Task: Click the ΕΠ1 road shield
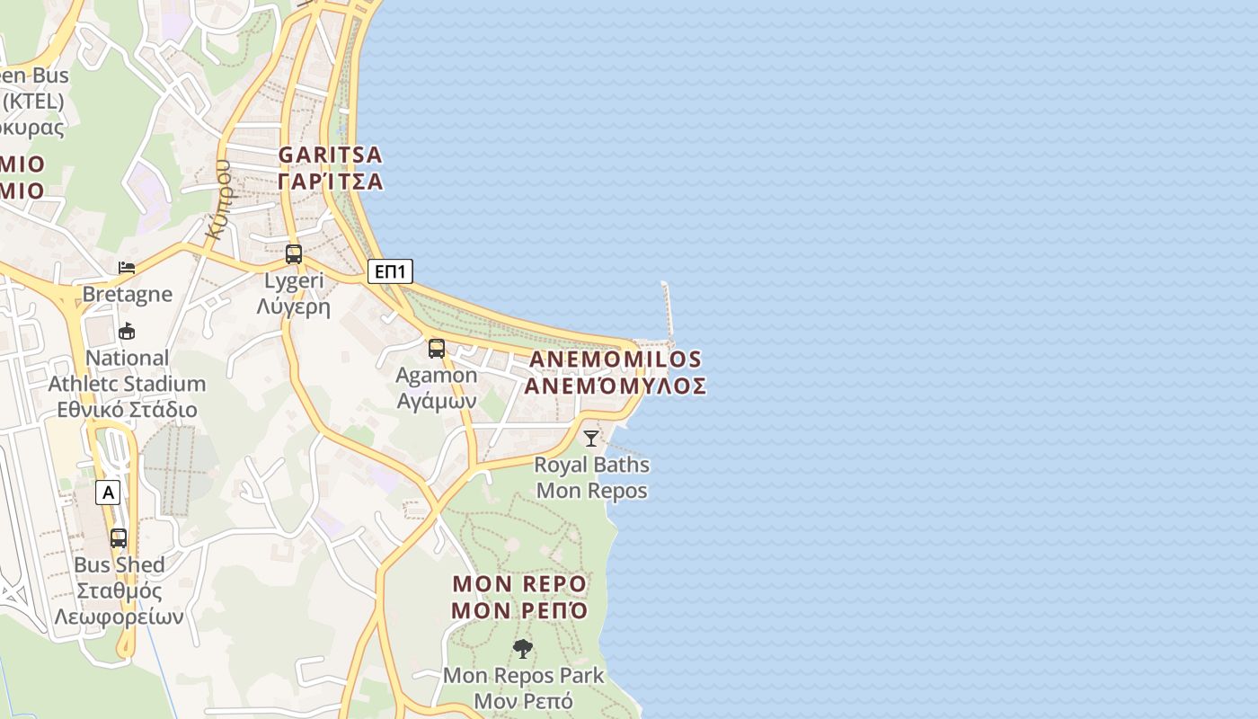tap(390, 271)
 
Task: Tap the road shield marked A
tap(109, 493)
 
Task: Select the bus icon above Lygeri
tap(294, 254)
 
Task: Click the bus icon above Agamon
tap(437, 349)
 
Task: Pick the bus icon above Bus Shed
tap(119, 538)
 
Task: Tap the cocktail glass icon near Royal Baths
tap(591, 439)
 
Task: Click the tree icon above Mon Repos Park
tap(523, 648)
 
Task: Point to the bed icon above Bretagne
tap(127, 268)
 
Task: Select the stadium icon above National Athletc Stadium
tap(127, 332)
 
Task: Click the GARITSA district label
tap(331, 155)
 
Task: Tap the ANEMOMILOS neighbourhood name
tap(616, 359)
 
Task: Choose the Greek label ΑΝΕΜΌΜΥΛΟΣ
tap(616, 386)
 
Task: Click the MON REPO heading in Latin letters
tap(519, 584)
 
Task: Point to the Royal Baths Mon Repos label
tap(591, 478)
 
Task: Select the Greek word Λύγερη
tap(294, 307)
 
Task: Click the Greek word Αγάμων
tap(437, 401)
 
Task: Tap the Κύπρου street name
tap(218, 200)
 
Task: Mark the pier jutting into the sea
tap(668, 310)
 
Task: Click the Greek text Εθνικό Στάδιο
tap(127, 410)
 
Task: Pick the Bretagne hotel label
tap(127, 294)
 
